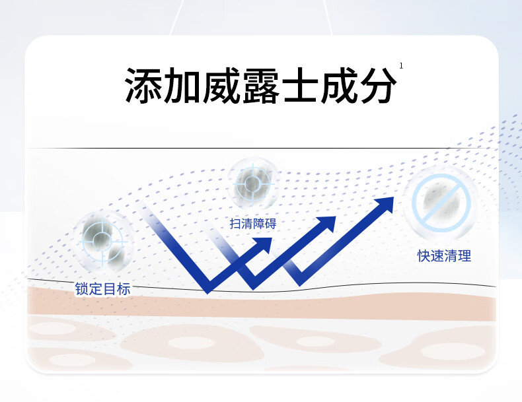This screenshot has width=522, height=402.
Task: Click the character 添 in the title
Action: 144,84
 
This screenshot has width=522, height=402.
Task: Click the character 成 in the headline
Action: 339,84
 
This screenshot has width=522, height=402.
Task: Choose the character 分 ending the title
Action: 378,84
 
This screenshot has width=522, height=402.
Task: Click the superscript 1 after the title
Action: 401,66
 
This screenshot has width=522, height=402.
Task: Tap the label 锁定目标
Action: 102,288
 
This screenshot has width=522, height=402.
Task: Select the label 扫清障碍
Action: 253,224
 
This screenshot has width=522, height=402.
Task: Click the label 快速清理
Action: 445,256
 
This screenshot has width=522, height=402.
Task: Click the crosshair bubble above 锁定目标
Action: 103,240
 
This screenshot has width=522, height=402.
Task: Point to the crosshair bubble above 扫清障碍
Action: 252,184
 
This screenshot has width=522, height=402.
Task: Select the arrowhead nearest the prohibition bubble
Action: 383,205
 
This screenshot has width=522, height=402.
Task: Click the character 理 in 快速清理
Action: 465,256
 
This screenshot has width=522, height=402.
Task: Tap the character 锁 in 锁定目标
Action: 81,288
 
